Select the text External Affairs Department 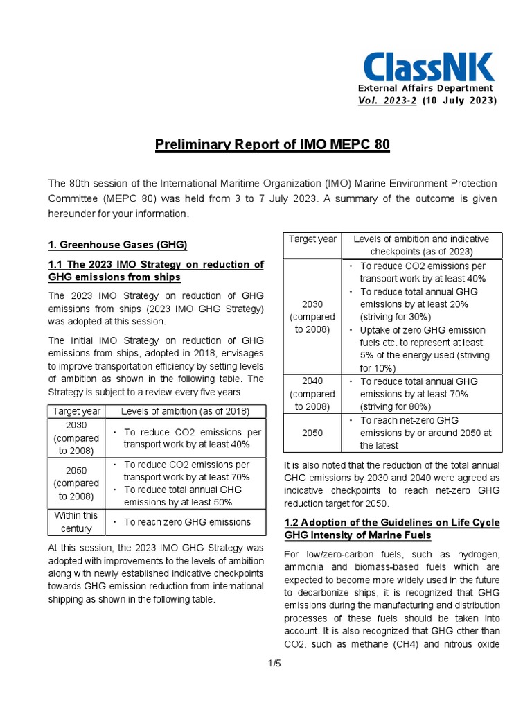click(425, 88)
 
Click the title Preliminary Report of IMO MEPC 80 click(272, 145)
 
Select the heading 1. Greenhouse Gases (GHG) click(118, 245)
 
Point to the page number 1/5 click(274, 664)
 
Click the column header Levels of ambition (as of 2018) click(185, 411)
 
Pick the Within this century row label click(76, 522)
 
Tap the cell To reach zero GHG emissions click(186, 522)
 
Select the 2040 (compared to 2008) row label click(312, 394)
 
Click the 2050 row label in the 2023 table click(312, 433)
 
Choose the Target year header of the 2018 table click(76, 411)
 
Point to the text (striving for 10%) click(387, 367)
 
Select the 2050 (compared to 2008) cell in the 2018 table click(76, 483)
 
